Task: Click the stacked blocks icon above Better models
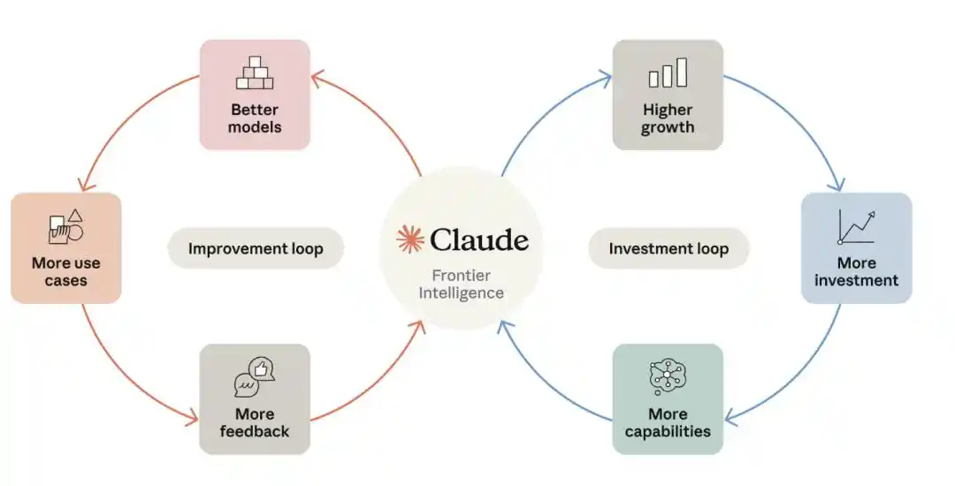[255, 73]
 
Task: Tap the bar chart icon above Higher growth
[668, 72]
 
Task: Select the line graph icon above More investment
[856, 227]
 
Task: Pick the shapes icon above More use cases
[65, 226]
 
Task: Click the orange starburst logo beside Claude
[410, 239]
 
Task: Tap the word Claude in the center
[478, 239]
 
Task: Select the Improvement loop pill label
[256, 248]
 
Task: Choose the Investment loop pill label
[668, 248]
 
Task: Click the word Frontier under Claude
[461, 276]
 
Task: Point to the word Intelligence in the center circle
[461, 293]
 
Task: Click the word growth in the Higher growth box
[668, 128]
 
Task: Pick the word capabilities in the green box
[668, 432]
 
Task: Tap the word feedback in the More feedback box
[255, 431]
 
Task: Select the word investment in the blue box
[856, 280]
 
